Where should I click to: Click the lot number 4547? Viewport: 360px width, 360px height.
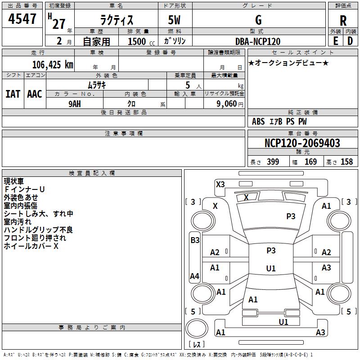(x=22, y=19)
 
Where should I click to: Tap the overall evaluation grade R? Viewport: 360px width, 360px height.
(x=343, y=20)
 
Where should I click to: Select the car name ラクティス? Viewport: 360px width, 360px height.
(x=116, y=20)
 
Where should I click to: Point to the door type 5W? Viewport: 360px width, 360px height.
(x=175, y=20)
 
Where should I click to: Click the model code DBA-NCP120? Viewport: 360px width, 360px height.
(x=258, y=41)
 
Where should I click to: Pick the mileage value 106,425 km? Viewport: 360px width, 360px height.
(x=52, y=65)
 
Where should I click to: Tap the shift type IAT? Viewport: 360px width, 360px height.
(x=13, y=94)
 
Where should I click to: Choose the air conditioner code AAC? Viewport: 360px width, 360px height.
(x=35, y=94)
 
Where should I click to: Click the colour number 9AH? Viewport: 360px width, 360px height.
(x=75, y=103)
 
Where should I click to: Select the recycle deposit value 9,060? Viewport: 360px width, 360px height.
(x=224, y=103)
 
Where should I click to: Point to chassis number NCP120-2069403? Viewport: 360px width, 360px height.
(x=302, y=144)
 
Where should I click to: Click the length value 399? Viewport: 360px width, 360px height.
(x=273, y=162)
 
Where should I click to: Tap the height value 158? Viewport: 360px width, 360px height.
(x=346, y=162)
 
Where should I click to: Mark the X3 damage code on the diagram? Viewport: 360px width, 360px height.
(x=220, y=184)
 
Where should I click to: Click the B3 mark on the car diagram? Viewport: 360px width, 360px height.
(x=195, y=240)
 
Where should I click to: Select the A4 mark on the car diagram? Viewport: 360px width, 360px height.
(x=194, y=276)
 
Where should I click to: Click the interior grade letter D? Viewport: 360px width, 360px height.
(x=350, y=41)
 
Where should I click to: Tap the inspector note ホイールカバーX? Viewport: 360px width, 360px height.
(x=31, y=246)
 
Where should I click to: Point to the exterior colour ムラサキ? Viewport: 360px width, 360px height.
(x=96, y=85)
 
